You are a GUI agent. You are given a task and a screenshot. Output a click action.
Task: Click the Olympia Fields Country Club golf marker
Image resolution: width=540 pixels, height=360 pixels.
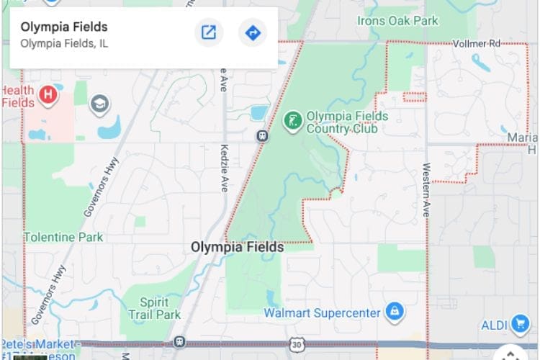[x=292, y=120]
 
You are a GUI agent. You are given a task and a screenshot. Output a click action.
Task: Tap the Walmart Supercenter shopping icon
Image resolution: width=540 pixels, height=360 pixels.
[x=394, y=312]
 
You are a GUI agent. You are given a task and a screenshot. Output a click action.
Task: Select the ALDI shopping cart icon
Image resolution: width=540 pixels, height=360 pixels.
[x=520, y=325]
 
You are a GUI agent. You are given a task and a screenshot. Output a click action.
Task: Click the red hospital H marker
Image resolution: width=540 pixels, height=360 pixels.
[x=48, y=94]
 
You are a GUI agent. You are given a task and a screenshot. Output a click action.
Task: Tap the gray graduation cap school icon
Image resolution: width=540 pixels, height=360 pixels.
[x=99, y=105]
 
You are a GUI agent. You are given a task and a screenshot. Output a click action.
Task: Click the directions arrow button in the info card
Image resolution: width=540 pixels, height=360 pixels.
[x=253, y=32]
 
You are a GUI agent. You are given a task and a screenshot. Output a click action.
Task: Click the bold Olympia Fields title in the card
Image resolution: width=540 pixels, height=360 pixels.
[x=64, y=27]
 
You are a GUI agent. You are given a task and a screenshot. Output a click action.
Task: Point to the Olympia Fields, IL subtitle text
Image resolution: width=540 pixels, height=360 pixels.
[x=64, y=43]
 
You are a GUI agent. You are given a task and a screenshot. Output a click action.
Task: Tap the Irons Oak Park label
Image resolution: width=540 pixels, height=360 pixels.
[x=397, y=21]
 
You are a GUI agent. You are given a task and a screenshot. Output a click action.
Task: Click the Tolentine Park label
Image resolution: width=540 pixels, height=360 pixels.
[x=63, y=237]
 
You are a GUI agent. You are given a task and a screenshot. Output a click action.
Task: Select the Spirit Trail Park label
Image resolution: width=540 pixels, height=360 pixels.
[x=154, y=309]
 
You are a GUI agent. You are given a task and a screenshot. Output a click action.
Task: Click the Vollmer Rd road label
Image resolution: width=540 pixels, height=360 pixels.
[x=476, y=44]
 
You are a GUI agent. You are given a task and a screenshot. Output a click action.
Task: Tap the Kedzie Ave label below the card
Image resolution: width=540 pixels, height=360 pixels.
[x=224, y=174]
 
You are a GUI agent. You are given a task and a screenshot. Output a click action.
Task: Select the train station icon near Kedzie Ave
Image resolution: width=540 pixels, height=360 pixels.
[x=264, y=135]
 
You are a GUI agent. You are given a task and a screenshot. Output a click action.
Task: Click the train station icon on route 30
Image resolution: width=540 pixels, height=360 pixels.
[x=179, y=341]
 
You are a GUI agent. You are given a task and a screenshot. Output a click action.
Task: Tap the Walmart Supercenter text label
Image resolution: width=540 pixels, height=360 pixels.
[x=321, y=313]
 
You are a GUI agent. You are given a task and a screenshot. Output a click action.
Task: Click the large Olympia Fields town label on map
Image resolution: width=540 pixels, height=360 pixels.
[x=237, y=247]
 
